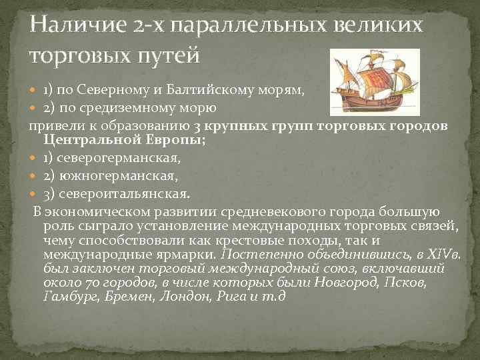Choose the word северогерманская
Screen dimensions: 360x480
point(117,159)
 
